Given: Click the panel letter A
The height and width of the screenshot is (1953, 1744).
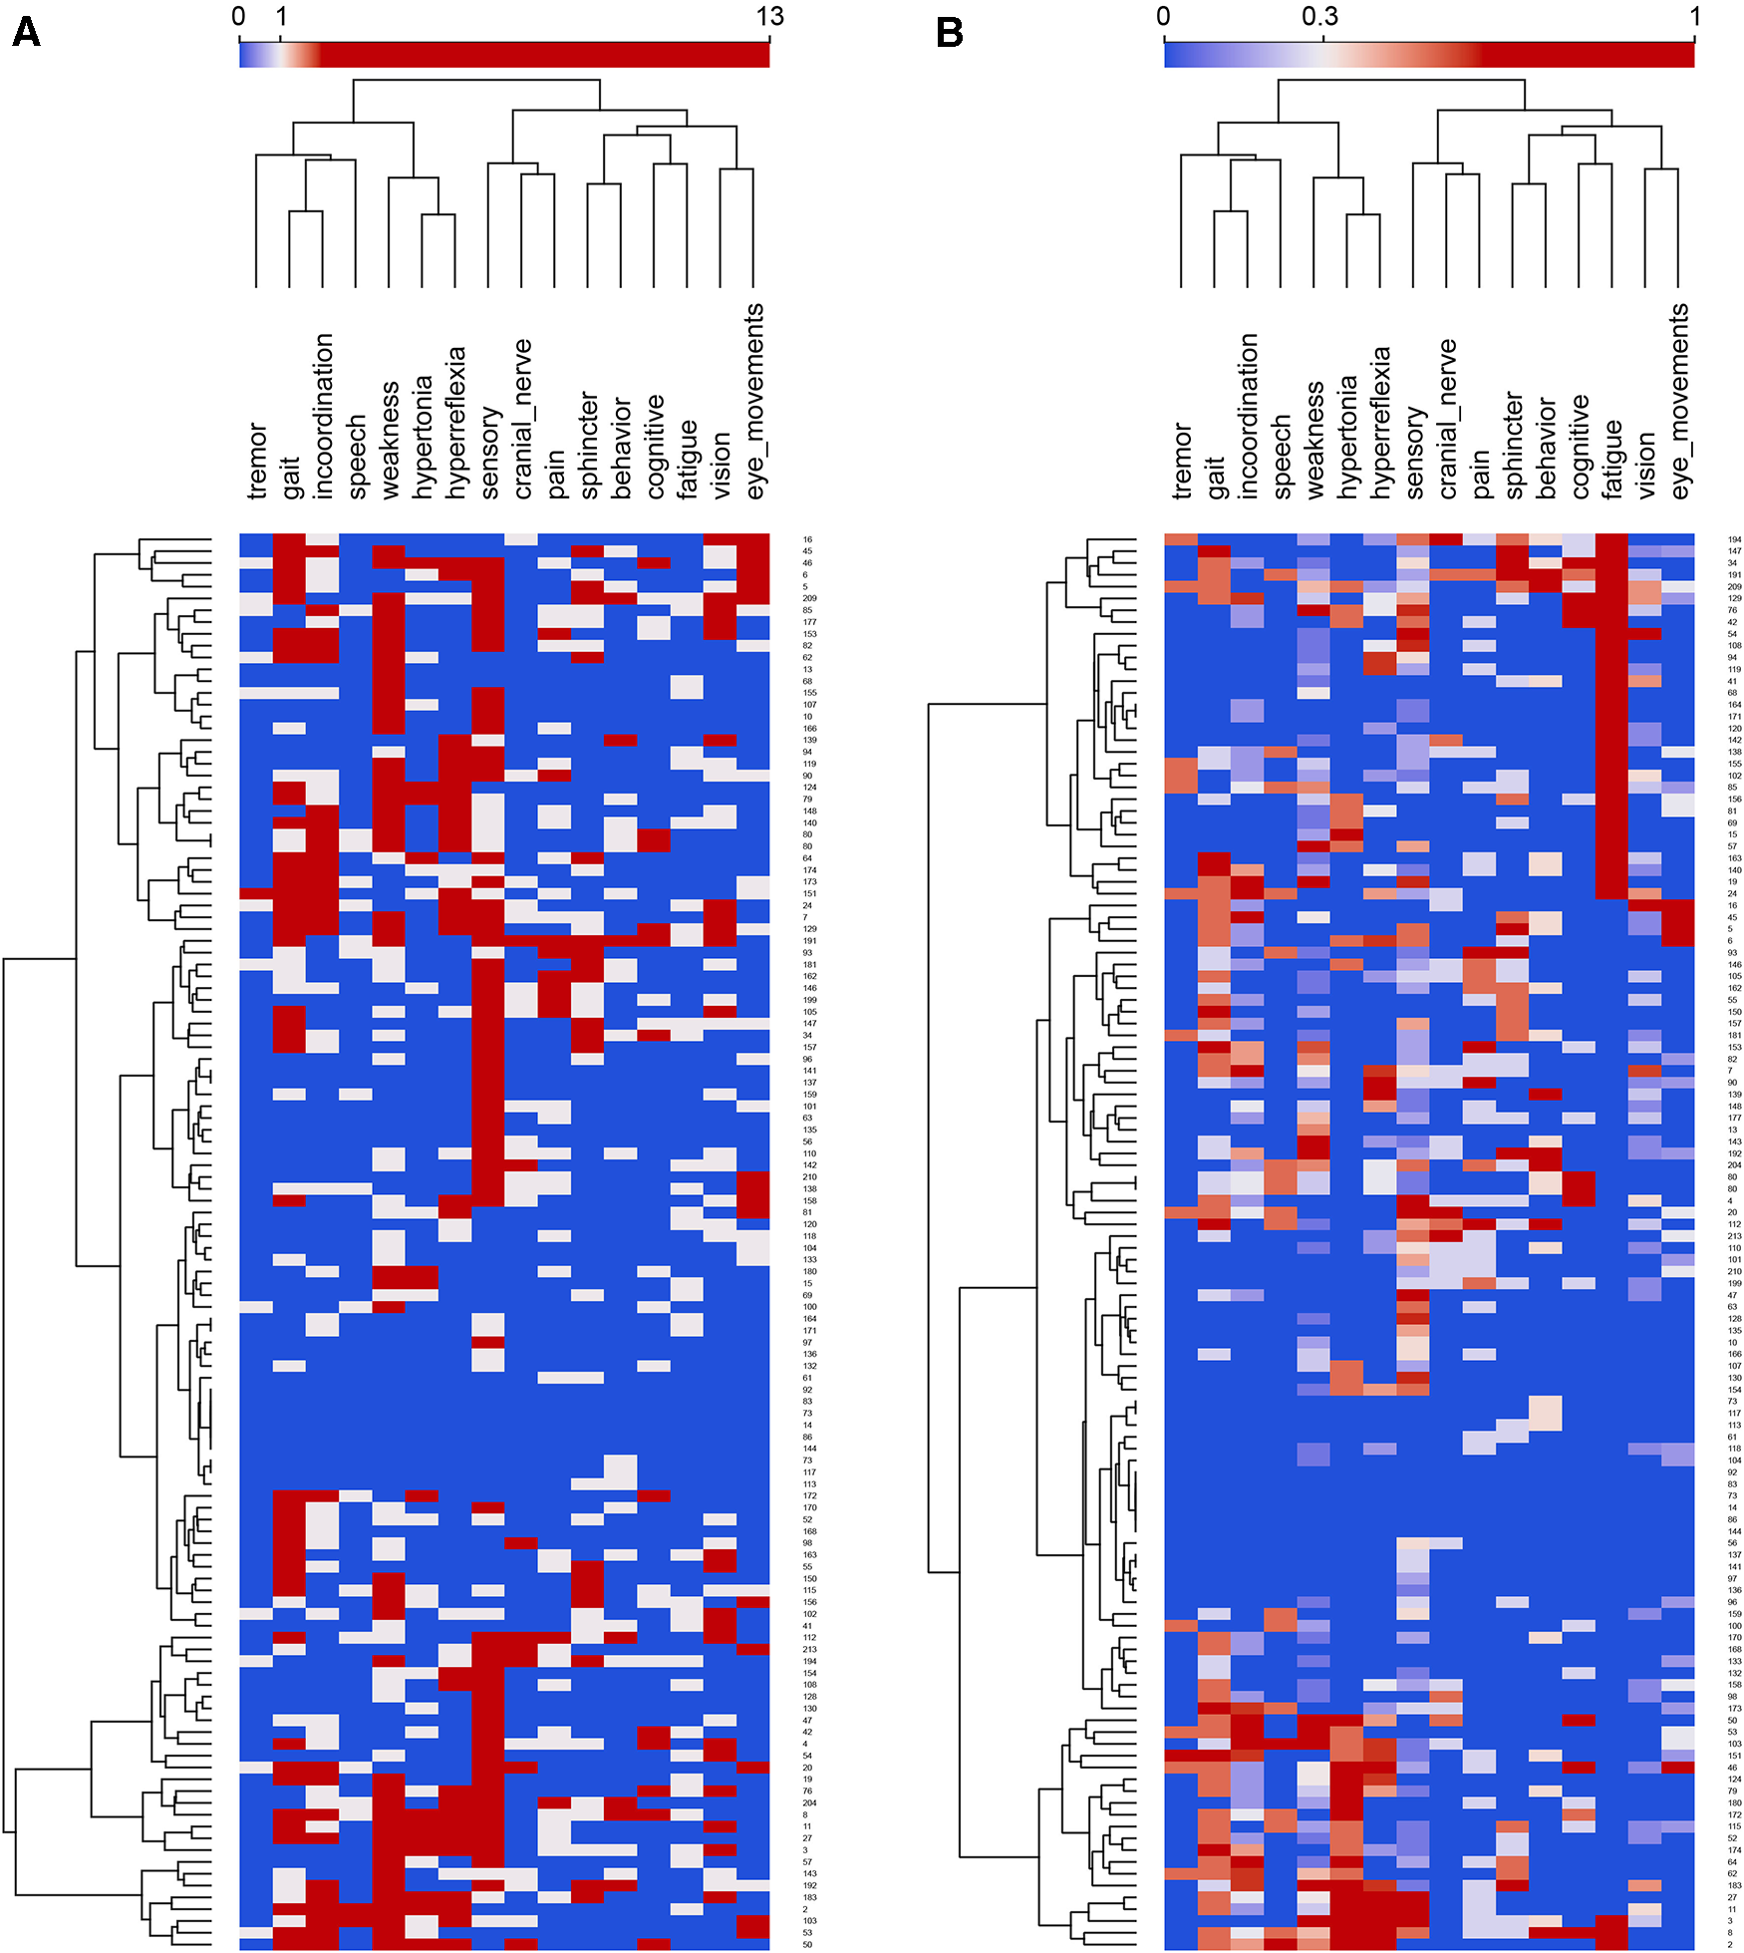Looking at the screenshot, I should (26, 32).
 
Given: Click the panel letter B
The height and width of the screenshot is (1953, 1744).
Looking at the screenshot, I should (950, 32).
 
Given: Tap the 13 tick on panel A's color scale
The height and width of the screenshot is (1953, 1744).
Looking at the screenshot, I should (769, 17).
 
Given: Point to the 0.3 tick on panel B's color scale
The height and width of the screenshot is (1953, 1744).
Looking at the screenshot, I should (1320, 17).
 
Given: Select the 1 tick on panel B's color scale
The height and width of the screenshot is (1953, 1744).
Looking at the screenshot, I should (1694, 17).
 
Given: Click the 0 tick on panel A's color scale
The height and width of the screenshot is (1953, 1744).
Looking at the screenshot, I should (238, 17).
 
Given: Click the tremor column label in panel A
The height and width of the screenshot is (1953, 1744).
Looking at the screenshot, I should (256, 461).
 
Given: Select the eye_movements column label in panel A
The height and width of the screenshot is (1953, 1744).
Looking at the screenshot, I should (754, 401).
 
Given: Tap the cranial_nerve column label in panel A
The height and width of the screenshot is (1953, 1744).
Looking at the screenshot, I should (522, 419).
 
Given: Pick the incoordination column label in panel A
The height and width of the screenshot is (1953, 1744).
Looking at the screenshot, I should (323, 416).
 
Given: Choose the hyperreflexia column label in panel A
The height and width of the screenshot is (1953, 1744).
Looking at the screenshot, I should (455, 422).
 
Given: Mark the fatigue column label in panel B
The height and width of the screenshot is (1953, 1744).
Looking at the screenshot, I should (1612, 459).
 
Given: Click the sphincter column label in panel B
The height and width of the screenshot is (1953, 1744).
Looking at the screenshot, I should (1513, 445).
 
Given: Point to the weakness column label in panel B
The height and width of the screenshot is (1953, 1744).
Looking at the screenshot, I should (1313, 440).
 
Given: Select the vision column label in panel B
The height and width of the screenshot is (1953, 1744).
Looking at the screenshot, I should (1645, 465).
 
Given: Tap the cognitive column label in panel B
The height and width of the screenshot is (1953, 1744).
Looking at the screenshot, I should (1580, 447).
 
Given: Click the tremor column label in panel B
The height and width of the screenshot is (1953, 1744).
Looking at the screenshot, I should (1181, 461).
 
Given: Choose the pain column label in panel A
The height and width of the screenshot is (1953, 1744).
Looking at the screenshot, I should (555, 473).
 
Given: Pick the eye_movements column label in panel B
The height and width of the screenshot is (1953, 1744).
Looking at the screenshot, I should (1679, 401).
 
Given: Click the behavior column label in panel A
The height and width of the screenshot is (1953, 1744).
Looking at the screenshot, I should (622, 448).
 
